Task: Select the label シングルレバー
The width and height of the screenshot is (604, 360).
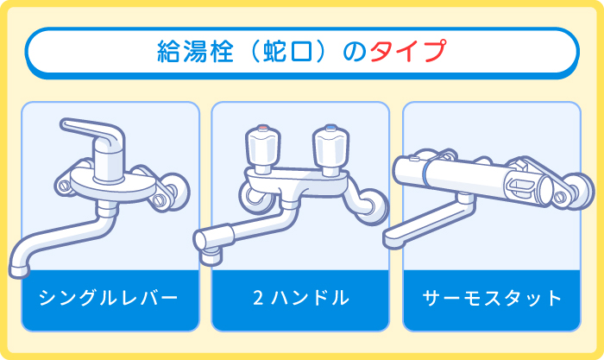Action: click(110, 300)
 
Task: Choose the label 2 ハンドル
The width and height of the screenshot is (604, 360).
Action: click(300, 300)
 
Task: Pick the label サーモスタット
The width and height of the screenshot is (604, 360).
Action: click(492, 300)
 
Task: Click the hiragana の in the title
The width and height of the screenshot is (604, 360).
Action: click(349, 52)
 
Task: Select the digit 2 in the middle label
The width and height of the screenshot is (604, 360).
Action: click(257, 300)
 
